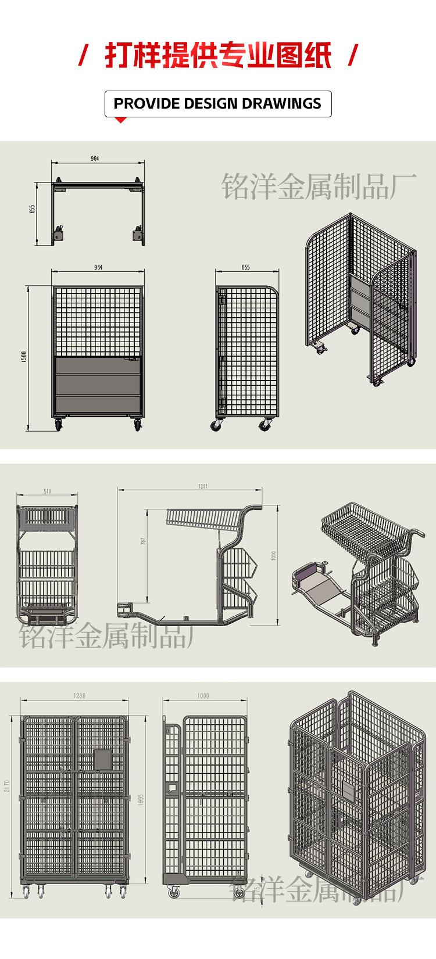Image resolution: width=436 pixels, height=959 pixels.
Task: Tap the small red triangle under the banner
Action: [x=120, y=120]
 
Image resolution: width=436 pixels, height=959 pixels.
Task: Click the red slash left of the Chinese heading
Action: [x=83, y=56]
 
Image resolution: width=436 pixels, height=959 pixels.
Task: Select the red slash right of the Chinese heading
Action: [x=352, y=56]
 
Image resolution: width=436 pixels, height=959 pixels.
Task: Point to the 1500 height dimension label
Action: [x=24, y=357]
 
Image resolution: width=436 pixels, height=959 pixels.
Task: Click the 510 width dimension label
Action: [x=47, y=491]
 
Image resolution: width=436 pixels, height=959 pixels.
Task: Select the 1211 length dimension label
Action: [x=202, y=486]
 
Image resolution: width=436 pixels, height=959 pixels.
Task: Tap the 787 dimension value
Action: [x=143, y=541]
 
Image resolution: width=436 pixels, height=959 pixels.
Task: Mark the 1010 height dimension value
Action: [x=274, y=556]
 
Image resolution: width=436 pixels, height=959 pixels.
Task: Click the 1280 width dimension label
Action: [x=79, y=695]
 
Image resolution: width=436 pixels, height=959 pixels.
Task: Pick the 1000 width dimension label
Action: [x=203, y=695]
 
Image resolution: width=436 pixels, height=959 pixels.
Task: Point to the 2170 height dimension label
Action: [x=7, y=786]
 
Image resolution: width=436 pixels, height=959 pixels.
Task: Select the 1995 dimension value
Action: [x=141, y=799]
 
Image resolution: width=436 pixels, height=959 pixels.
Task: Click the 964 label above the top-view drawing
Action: [x=95, y=159]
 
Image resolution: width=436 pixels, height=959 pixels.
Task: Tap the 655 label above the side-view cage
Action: [x=245, y=267]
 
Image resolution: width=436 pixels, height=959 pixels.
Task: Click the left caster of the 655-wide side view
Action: [x=216, y=426]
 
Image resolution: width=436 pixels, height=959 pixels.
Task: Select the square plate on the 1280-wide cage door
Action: [x=102, y=759]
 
